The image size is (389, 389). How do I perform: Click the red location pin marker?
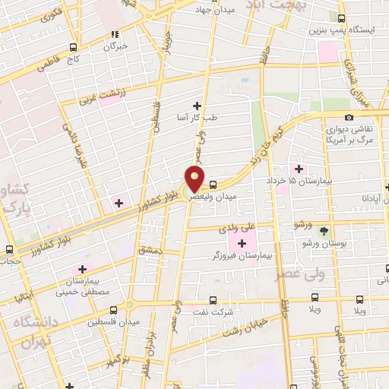coord(194,178)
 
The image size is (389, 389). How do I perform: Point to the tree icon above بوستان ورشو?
coord(324,229)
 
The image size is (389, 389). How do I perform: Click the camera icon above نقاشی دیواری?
coord(349,117)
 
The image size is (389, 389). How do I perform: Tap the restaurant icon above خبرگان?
coord(115,33)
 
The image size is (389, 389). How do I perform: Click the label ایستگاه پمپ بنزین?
coord(340,30)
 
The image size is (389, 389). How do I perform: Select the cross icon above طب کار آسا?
coord(198,106)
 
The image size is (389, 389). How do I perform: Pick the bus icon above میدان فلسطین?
coord(113,310)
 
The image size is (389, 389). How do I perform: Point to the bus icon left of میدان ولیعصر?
coord(213,185)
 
